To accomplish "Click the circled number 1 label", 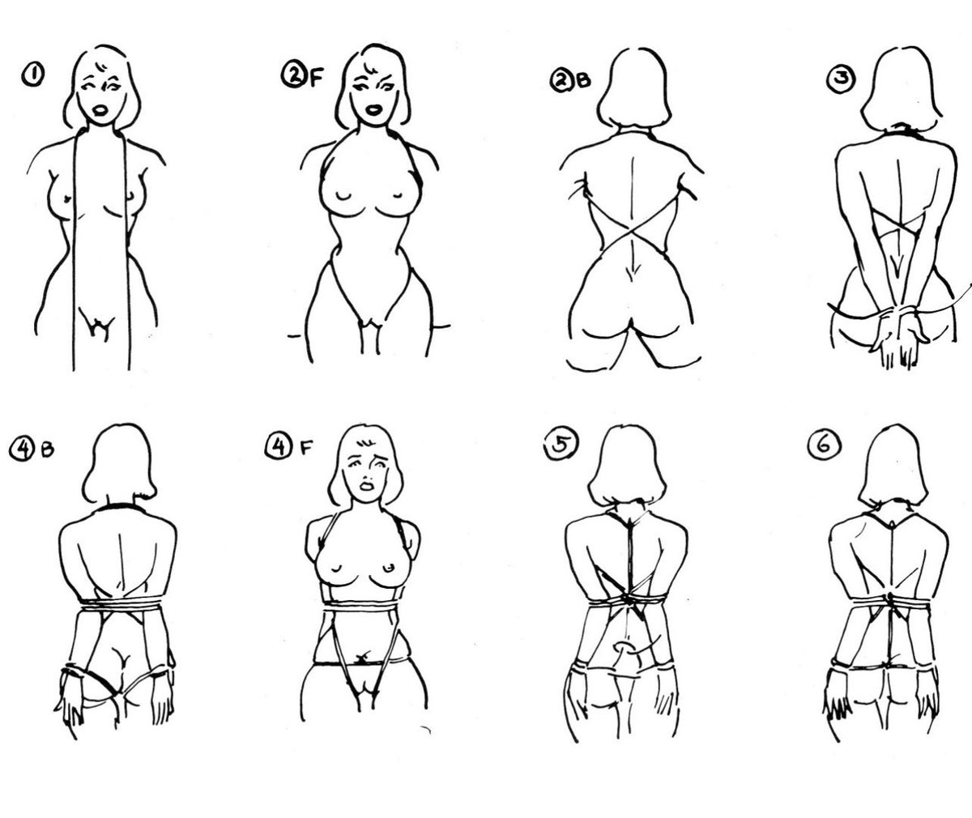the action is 33,75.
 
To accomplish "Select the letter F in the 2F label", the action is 316,79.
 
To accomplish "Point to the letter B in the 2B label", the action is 583,80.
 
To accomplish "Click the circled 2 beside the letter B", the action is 562,80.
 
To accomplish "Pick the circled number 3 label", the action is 842,79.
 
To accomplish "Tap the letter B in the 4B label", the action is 48,449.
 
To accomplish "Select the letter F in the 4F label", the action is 305,449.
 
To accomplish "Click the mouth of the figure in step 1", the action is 100,111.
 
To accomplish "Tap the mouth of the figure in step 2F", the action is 373,110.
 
